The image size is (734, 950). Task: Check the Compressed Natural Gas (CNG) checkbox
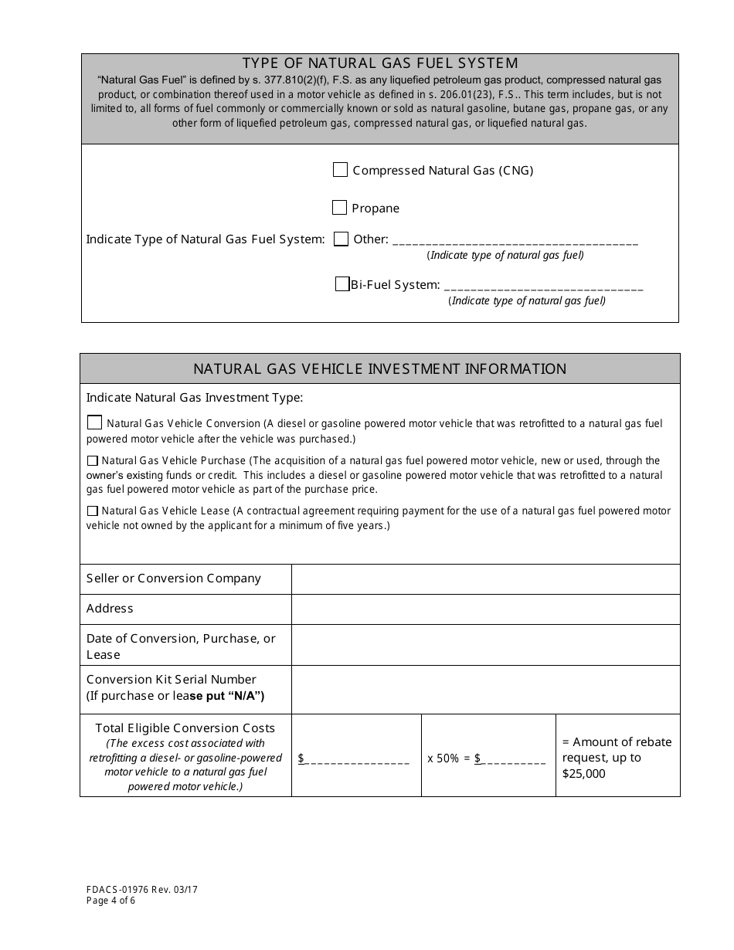coord(340,170)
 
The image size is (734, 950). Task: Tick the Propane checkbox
coord(339,208)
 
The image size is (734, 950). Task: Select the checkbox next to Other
coord(341,239)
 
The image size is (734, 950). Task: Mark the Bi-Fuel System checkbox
coord(342,284)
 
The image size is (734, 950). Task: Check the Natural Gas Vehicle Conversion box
coord(94,422)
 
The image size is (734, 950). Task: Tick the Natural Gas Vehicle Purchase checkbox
coord(93,461)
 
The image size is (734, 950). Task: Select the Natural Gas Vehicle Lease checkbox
coord(93,511)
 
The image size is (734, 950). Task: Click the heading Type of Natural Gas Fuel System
coord(380,63)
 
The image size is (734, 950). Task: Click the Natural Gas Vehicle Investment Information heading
coord(379,369)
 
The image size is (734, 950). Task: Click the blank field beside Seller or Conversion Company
coord(485,578)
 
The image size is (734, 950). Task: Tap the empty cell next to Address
coord(485,609)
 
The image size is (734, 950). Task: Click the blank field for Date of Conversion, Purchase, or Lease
coord(485,645)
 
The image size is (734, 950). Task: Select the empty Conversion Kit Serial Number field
coord(485,689)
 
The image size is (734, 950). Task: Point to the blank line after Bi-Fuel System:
coord(543,286)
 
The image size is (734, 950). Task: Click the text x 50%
coord(443,758)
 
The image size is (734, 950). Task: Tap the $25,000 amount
coord(584,773)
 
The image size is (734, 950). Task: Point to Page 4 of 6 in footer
coord(111,901)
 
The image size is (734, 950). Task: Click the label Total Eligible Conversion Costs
coord(185,728)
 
